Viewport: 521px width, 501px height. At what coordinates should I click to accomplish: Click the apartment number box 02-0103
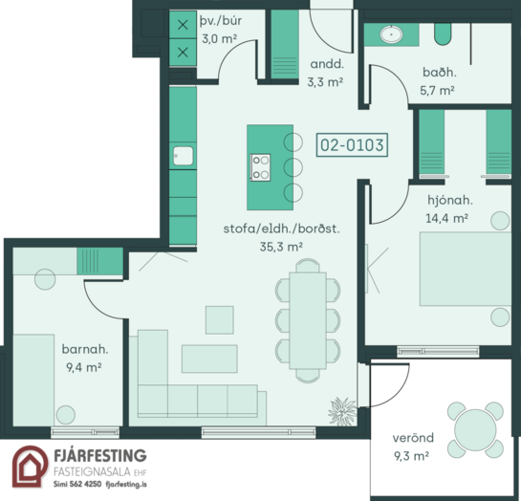coord(352,145)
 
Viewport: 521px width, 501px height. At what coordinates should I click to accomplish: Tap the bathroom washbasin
coord(391,34)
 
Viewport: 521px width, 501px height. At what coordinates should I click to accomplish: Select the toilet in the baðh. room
coord(443,33)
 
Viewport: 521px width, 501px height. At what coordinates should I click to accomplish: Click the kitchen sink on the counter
coord(183,156)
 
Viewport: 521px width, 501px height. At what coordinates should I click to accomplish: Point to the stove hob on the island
coord(260,167)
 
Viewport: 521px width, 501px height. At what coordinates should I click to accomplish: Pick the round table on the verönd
coord(475,430)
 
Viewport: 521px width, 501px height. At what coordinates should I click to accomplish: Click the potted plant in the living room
coord(342,411)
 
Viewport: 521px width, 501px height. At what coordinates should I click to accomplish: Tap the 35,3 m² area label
coord(281,247)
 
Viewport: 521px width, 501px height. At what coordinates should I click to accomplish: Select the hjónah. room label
coord(450,200)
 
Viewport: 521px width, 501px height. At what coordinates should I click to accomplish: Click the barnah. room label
coord(85,349)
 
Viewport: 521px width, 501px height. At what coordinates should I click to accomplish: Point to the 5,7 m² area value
coord(437,91)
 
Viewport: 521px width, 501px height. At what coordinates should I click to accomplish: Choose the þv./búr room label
coord(221,21)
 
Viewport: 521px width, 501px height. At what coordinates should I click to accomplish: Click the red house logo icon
coord(30,467)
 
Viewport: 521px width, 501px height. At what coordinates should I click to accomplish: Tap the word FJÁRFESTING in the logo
coord(100,455)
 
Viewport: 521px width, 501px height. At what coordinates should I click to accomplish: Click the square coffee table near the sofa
coord(219,320)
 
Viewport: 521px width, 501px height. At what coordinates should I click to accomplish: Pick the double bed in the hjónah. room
coord(466,269)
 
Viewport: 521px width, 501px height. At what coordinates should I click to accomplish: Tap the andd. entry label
coord(327,64)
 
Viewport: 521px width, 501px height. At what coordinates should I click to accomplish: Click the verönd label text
coord(413,438)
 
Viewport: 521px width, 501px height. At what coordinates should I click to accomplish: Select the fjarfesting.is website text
coord(126,484)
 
